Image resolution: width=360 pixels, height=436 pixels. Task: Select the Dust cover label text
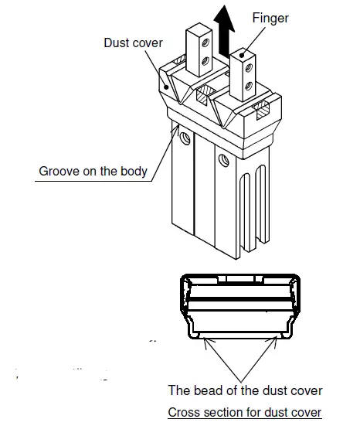tap(133, 43)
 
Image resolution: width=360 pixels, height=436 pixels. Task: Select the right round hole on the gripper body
tap(224, 160)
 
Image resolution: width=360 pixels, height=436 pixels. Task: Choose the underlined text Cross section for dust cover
tap(244, 413)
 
